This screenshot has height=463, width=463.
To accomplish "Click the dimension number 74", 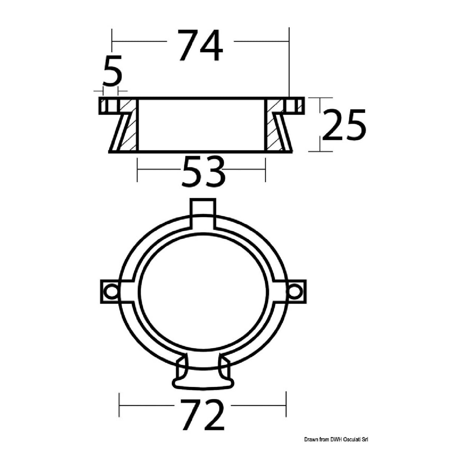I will click(201, 46).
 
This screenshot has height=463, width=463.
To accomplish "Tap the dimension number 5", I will click(112, 71).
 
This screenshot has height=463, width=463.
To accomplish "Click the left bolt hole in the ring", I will click(111, 292).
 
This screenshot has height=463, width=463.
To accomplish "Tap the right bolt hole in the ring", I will click(294, 292).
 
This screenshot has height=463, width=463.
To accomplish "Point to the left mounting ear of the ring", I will click(109, 292).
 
